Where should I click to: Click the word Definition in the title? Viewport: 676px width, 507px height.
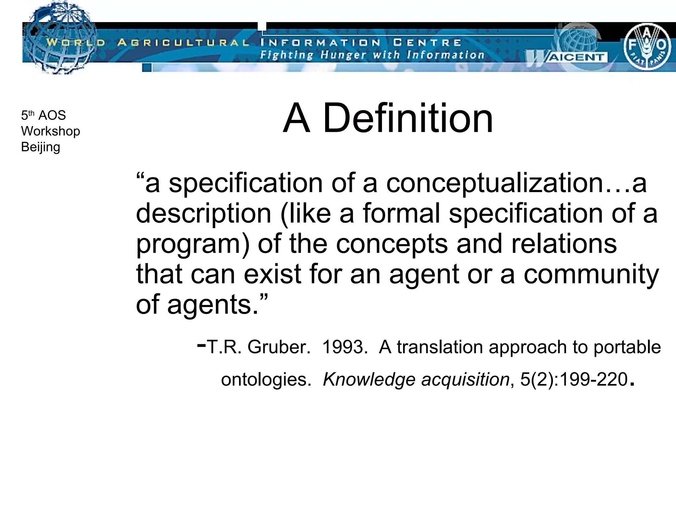pos(408,118)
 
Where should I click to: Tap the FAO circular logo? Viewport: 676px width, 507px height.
pos(647,46)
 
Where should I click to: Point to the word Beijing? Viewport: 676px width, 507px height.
pos(41,147)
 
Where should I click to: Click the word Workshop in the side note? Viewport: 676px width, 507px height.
pos(51,131)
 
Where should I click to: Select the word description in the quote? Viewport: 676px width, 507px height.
pos(204,214)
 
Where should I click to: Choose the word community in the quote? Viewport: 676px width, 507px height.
pos(591,274)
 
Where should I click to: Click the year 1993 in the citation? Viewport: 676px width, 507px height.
pos(343,347)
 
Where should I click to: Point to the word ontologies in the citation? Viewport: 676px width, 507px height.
pos(266,380)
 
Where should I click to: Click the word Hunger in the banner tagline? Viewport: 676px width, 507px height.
pos(343,55)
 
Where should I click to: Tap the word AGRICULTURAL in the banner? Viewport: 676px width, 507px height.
pos(184,43)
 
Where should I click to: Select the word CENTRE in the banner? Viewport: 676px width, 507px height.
pos(427,43)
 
